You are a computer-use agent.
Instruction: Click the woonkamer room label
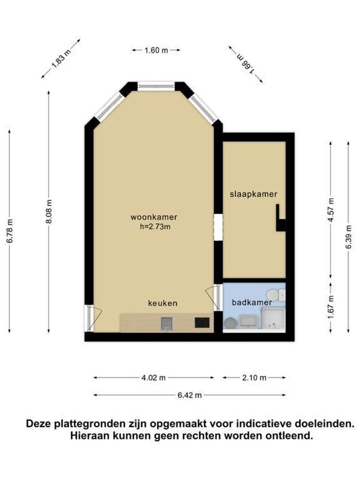(x=154, y=217)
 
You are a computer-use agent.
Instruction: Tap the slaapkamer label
(x=253, y=194)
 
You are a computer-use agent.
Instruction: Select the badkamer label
(x=252, y=303)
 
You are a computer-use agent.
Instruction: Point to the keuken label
(x=163, y=303)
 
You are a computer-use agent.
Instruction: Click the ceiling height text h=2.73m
(x=155, y=227)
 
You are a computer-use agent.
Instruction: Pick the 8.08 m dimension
(x=49, y=211)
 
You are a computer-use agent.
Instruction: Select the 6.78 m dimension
(x=10, y=231)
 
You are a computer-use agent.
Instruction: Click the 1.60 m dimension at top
(x=156, y=50)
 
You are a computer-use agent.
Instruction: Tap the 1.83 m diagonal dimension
(x=61, y=58)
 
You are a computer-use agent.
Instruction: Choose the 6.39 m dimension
(x=348, y=237)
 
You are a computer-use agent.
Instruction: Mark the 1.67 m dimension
(x=331, y=307)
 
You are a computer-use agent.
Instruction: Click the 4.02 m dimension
(x=153, y=378)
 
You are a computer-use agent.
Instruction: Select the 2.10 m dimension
(x=254, y=378)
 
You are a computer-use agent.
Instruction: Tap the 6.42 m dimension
(x=189, y=395)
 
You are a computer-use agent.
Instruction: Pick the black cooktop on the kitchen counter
(x=202, y=323)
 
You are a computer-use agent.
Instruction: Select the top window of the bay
(x=156, y=87)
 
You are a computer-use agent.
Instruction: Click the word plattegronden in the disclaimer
(x=91, y=424)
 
